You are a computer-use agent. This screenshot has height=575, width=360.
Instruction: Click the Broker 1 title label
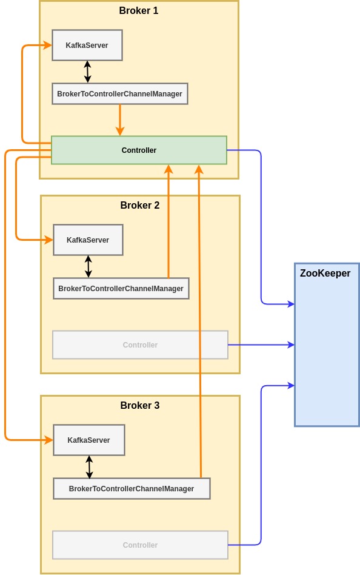click(x=139, y=11)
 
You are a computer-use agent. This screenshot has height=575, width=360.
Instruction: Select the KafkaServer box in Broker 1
click(x=87, y=45)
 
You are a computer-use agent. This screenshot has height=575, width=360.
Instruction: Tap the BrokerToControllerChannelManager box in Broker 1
click(x=120, y=94)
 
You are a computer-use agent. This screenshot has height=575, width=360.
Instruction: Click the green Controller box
click(x=139, y=150)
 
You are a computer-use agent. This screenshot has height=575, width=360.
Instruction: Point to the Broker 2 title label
click(x=139, y=205)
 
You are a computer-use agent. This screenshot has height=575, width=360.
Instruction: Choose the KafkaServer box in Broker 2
click(x=88, y=240)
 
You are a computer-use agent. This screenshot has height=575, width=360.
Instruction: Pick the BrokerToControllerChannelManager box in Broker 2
click(x=121, y=289)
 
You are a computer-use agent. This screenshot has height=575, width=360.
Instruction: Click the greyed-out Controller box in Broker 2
click(x=140, y=345)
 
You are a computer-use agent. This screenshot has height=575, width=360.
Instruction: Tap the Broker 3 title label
click(x=139, y=405)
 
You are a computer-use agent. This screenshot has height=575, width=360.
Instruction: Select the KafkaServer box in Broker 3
click(x=89, y=440)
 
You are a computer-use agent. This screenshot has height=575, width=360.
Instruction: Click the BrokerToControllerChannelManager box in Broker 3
click(x=132, y=488)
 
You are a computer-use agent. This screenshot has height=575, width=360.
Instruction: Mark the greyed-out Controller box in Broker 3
click(x=140, y=545)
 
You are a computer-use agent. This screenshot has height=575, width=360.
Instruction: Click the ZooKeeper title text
click(x=325, y=273)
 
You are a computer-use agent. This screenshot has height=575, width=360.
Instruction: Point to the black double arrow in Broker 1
click(x=87, y=72)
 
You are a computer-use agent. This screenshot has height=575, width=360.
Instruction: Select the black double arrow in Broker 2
click(x=88, y=267)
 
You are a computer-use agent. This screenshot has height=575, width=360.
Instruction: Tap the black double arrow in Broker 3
click(x=89, y=467)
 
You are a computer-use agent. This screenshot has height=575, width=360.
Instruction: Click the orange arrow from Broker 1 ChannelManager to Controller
click(x=120, y=120)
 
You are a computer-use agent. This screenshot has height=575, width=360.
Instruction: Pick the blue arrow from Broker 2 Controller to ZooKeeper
click(x=261, y=345)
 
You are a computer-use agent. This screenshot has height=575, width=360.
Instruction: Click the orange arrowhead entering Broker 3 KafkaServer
click(x=48, y=440)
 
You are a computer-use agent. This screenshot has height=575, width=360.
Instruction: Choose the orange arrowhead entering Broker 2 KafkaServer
click(x=48, y=240)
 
